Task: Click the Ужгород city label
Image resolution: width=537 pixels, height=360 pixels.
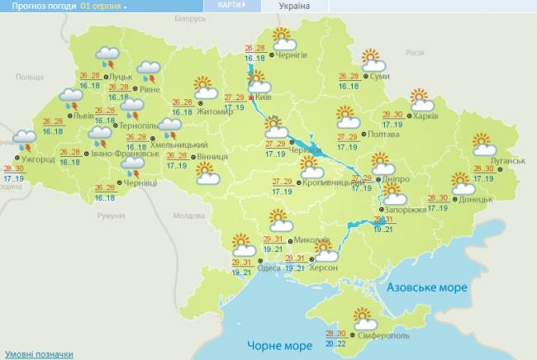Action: click(38, 158)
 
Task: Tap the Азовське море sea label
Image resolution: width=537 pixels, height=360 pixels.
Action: click(427, 287)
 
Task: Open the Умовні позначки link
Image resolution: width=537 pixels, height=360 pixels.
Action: click(37, 354)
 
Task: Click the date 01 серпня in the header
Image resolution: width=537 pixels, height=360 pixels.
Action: click(102, 6)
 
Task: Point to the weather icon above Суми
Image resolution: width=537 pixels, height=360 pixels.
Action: click(373, 60)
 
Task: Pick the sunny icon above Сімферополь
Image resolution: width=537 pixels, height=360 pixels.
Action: click(364, 315)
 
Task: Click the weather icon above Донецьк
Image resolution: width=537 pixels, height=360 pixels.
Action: click(463, 181)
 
